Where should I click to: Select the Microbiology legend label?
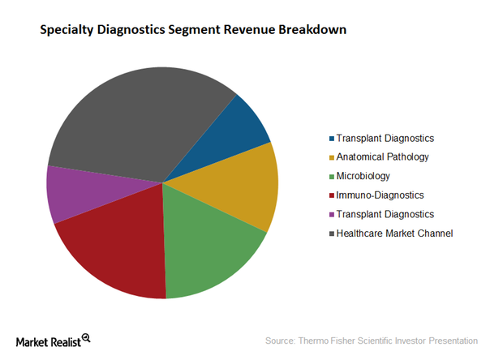click(363, 176)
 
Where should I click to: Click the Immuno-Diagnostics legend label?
click(380, 195)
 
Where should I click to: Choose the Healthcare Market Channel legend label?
click(395, 233)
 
